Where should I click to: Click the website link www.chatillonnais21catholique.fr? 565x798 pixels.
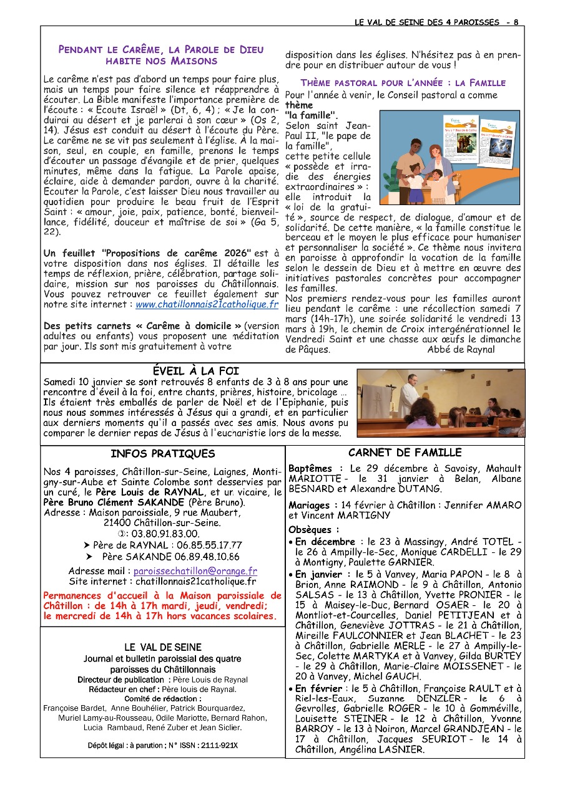(207, 305)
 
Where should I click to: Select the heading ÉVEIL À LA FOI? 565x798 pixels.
(196, 372)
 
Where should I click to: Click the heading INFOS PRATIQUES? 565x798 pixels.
(162, 454)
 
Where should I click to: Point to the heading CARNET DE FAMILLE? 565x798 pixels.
(405, 453)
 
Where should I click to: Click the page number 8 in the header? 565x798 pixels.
(516, 22)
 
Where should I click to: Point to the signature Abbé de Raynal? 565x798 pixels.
(461, 350)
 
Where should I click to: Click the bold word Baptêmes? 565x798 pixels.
(310, 468)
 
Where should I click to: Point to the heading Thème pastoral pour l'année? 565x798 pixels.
(403, 83)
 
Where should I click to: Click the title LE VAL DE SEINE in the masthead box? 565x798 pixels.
(162, 648)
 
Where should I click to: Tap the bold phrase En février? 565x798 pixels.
(318, 689)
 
